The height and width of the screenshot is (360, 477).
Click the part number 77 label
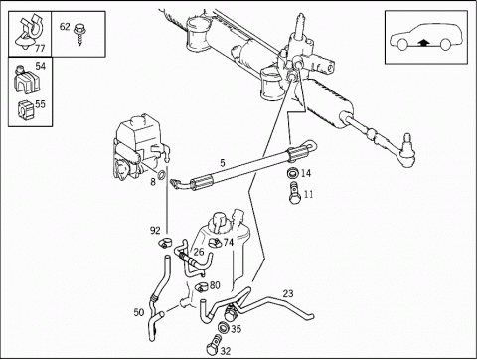[40, 49]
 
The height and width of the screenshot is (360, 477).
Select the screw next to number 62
[79, 34]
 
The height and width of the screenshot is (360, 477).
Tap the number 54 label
[40, 66]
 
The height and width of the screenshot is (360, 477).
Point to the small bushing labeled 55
[24, 109]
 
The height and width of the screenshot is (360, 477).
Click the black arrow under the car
[423, 42]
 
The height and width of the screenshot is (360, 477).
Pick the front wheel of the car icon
[402, 45]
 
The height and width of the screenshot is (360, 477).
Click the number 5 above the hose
[223, 163]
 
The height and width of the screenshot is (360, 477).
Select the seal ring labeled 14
[293, 173]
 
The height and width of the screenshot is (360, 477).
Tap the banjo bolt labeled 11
[294, 193]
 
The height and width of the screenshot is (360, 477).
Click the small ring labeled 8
[162, 174]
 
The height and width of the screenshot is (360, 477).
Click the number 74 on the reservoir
[229, 243]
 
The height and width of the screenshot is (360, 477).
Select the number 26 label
[199, 252]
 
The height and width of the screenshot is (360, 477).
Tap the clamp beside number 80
[201, 286]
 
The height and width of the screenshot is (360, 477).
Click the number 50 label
[139, 312]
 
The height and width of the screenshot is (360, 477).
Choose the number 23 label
[288, 293]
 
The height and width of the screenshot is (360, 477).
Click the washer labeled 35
[223, 328]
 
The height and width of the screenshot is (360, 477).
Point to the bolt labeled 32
[213, 346]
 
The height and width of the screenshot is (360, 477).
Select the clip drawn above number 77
[29, 33]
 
